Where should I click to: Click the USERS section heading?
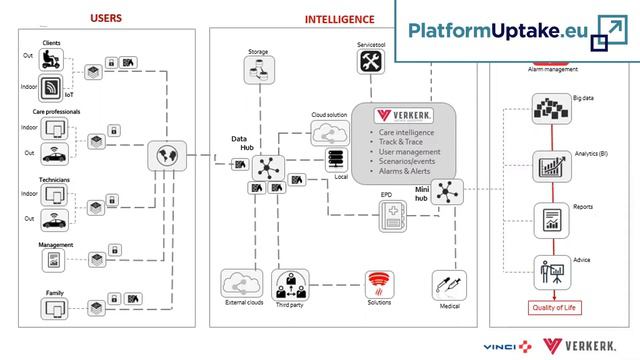coord(108,18)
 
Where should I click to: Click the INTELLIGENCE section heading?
coord(340,18)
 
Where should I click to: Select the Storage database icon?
coord(258,69)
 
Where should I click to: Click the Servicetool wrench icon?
coord(371,62)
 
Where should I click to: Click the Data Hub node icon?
coord(268,166)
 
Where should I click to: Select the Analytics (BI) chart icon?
coord(548,165)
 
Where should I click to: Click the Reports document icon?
coord(548,217)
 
